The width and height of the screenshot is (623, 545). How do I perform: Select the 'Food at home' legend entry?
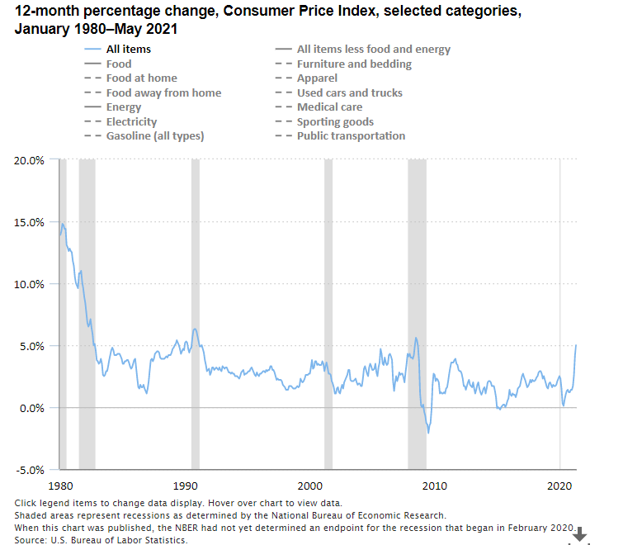click(141, 78)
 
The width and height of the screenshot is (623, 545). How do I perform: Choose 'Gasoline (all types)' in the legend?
click(154, 136)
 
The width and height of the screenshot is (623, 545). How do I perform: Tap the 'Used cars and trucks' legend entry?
click(350, 92)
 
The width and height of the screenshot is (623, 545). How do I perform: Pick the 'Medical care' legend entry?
click(329, 107)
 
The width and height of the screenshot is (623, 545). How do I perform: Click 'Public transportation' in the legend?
click(351, 136)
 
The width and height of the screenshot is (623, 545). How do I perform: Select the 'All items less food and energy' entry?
click(374, 50)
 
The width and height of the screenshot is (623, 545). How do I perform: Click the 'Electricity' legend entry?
click(132, 121)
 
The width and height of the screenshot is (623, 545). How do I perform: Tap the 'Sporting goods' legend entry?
click(335, 121)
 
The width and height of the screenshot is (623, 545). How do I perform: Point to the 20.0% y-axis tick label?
click(30, 160)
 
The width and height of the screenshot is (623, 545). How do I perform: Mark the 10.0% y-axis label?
click(30, 284)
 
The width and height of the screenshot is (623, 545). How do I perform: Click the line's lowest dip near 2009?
click(428, 432)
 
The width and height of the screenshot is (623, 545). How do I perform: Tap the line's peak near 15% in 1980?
click(62, 223)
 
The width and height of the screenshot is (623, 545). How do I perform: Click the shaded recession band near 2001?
click(328, 314)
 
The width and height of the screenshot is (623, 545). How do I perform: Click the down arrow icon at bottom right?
click(580, 535)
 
